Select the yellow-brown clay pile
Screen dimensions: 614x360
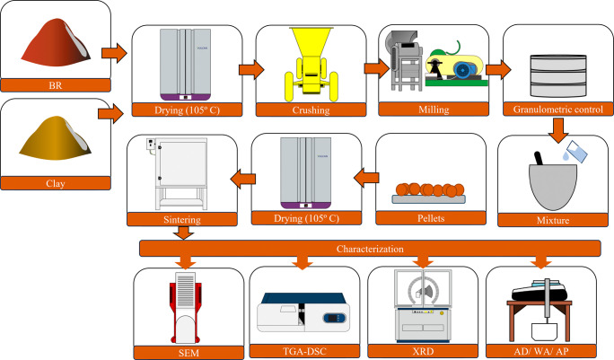56,138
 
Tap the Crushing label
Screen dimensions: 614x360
311,110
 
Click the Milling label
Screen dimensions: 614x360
434,110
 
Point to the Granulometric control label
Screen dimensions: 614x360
558,110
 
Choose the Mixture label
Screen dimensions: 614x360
553,220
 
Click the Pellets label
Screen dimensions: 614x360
431,218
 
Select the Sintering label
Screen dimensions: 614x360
182,219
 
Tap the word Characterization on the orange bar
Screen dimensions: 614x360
370,249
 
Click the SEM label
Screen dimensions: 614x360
189,353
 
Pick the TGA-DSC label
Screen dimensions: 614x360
304,351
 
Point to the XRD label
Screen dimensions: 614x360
423,351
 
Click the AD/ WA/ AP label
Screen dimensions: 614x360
541,351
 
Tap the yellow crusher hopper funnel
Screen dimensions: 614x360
311,42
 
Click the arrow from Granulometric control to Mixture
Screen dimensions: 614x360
558,130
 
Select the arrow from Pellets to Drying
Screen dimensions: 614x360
366,178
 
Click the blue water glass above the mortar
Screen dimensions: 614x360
575,152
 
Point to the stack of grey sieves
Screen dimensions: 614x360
558,75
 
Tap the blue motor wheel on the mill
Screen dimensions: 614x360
463,70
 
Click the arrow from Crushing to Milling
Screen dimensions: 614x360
376,68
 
